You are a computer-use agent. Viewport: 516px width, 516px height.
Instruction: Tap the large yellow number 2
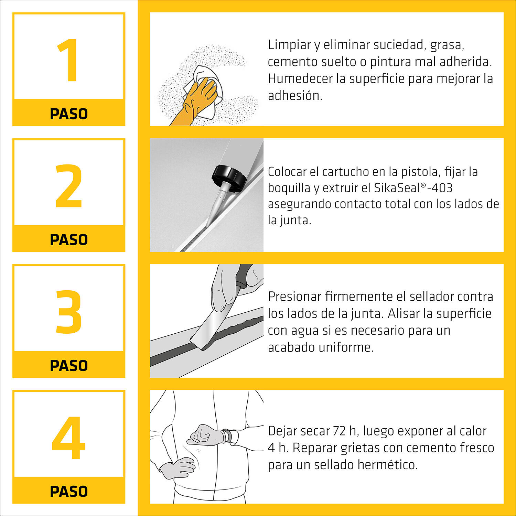(69, 186)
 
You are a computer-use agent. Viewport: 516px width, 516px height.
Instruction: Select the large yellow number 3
(69, 312)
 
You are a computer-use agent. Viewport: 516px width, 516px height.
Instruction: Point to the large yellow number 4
(68, 438)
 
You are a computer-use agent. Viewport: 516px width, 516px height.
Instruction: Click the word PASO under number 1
(69, 114)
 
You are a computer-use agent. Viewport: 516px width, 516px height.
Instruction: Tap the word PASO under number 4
(69, 492)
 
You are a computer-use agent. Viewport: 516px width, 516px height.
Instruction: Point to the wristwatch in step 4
(229, 437)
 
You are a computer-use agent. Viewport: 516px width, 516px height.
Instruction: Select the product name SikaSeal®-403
(413, 188)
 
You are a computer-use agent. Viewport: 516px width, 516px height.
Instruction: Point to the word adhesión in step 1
(295, 96)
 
